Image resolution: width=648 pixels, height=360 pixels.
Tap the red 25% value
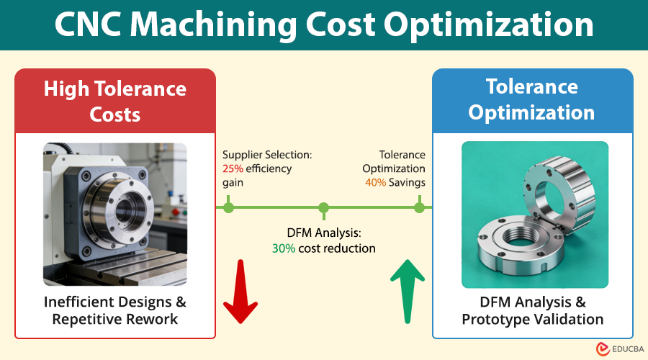233,168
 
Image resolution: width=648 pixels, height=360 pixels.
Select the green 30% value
284,248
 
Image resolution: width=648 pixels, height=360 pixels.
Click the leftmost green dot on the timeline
229,208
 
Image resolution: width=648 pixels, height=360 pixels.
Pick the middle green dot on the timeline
324,208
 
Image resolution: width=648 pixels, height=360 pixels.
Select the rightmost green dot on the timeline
419,208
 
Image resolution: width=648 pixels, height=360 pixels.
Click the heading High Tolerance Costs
115,101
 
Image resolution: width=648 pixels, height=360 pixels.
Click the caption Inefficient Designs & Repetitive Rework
115,310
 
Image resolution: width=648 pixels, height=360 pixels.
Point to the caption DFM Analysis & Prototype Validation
531,310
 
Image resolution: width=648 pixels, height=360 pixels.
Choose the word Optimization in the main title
490,25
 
